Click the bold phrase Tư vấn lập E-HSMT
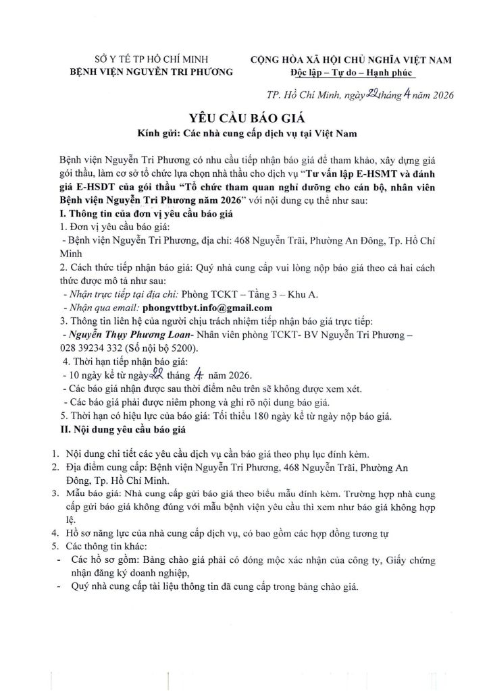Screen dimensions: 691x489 (x=357, y=175)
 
